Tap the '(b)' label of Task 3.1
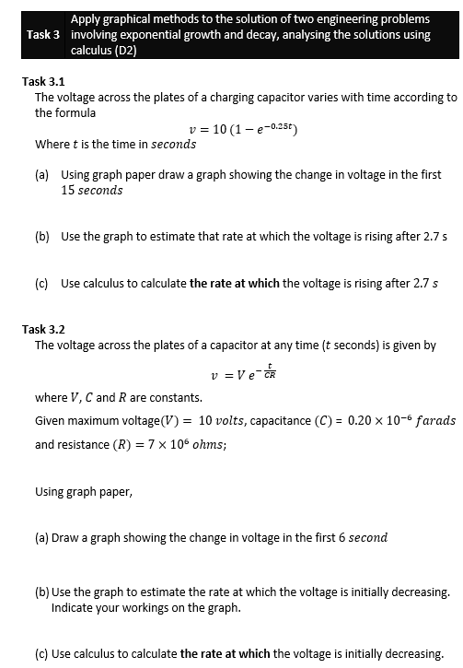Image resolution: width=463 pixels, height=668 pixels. pyautogui.click(x=42, y=237)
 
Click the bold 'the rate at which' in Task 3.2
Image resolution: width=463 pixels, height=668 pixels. pyautogui.click(x=225, y=654)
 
